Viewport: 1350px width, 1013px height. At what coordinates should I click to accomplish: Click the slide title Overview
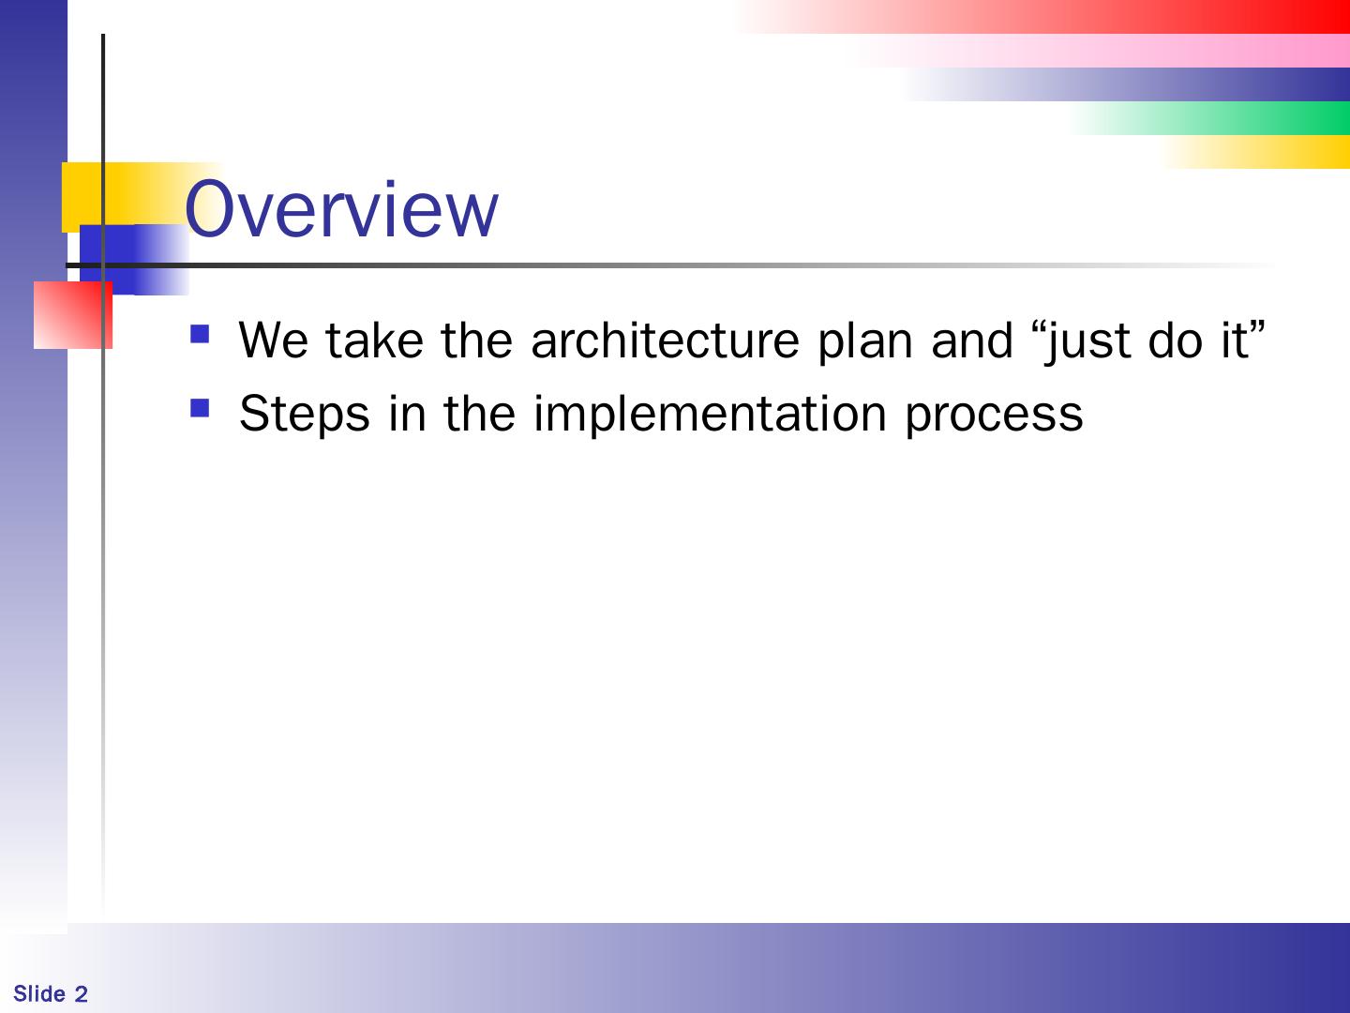pyautogui.click(x=341, y=208)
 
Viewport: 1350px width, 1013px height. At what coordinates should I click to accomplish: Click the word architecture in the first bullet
pyautogui.click(x=665, y=340)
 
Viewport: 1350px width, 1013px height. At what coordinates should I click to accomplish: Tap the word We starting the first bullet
pyautogui.click(x=273, y=340)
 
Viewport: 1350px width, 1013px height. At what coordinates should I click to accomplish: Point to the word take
pyautogui.click(x=375, y=340)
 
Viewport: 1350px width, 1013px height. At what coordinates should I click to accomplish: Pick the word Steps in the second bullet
pyautogui.click(x=305, y=415)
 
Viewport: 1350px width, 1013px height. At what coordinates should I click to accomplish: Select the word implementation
pyautogui.click(x=710, y=415)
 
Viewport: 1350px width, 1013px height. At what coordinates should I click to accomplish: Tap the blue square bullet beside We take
pyautogui.click(x=200, y=334)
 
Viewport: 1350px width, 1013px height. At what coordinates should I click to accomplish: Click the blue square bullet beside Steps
pyautogui.click(x=200, y=408)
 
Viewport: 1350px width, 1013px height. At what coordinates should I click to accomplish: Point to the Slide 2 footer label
pyautogui.click(x=51, y=994)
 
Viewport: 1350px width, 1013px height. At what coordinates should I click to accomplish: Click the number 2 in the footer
pyautogui.click(x=82, y=994)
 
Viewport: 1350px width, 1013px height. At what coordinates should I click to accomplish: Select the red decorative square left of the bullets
pyautogui.click(x=72, y=315)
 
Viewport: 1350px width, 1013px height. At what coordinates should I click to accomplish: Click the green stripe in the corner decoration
pyautogui.click(x=1211, y=118)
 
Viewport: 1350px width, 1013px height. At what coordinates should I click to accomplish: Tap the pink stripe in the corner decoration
pyautogui.click(x=1107, y=51)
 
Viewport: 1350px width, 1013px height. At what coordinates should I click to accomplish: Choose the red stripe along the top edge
pyautogui.click(x=1045, y=17)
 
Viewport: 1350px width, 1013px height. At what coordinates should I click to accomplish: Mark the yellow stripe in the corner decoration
pyautogui.click(x=1258, y=152)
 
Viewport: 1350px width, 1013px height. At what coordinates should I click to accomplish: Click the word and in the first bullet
pyautogui.click(x=971, y=340)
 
